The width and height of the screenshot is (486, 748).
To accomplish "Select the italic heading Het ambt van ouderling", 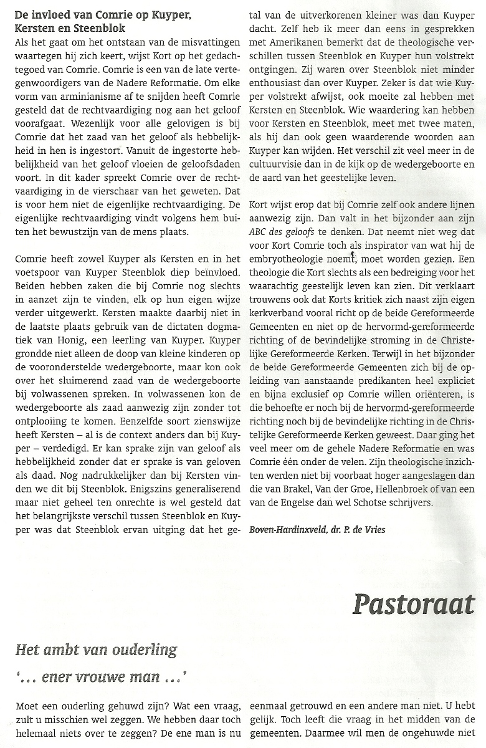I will click(96, 650).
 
